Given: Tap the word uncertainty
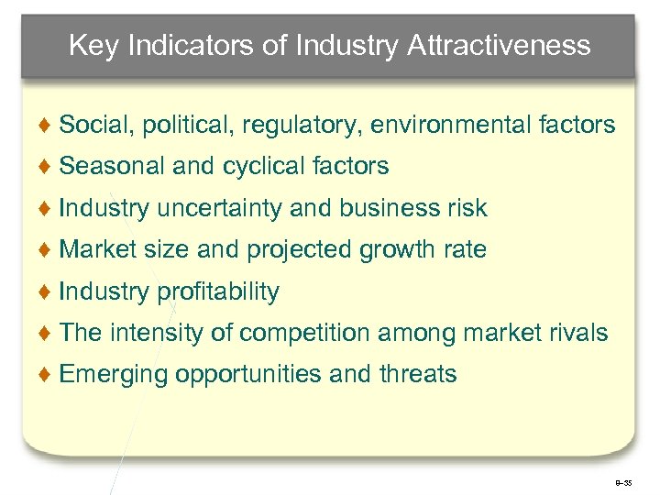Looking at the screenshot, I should (x=220, y=209).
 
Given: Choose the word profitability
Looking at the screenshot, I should (x=218, y=292).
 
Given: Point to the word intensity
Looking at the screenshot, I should (x=157, y=334).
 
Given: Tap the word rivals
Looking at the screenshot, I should (x=577, y=334).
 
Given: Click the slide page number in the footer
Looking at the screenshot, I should (x=624, y=480).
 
